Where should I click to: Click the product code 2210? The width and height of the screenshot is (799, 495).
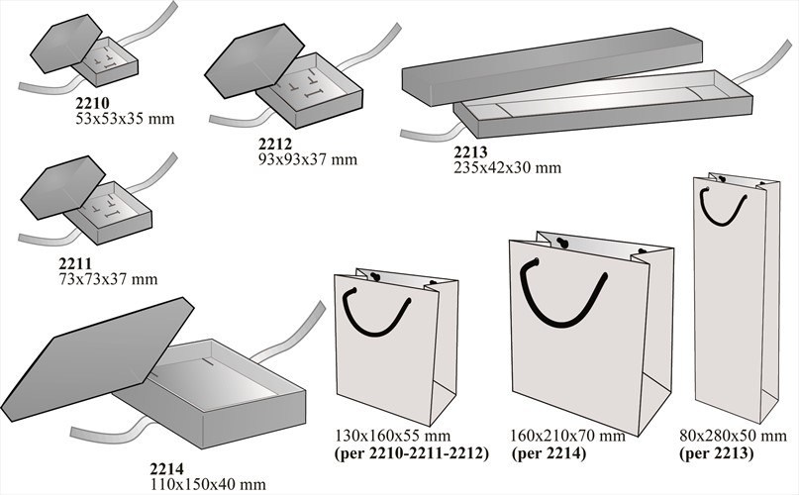(92, 103)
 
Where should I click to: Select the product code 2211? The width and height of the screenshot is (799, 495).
(76, 263)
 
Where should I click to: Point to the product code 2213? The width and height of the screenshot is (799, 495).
(471, 151)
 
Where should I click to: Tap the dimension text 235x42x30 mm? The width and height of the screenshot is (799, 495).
(508, 167)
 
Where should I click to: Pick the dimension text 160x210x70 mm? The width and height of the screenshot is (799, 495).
(567, 437)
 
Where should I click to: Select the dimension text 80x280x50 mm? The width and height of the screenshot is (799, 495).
(733, 437)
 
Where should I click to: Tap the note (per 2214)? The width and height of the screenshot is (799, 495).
(549, 453)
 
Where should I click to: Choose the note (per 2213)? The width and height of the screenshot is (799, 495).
(716, 453)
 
